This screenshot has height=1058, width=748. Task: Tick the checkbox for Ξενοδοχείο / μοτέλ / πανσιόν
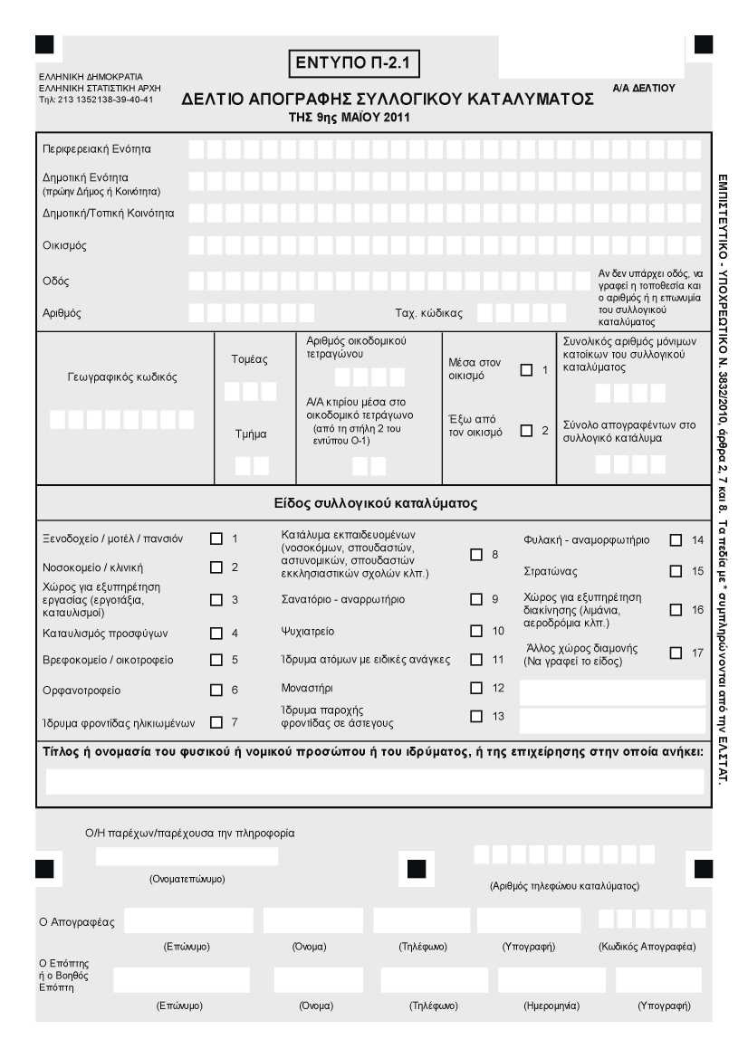[x=216, y=539]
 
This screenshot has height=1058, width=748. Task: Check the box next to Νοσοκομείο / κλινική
[x=216, y=567]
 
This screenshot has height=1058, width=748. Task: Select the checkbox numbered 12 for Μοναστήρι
[x=476, y=688]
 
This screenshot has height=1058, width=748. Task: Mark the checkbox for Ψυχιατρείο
[x=476, y=629]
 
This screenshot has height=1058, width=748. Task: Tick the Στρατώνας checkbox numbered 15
[x=676, y=571]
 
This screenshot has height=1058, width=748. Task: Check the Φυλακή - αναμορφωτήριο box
[x=676, y=540]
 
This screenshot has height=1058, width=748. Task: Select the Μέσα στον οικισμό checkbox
[x=526, y=369]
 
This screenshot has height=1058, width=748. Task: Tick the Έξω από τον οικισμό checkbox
[x=526, y=431]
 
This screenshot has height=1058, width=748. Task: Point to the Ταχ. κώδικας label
[x=429, y=313]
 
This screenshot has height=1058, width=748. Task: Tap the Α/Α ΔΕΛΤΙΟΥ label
[x=644, y=86]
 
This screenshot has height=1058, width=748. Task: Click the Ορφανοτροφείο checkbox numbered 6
[x=216, y=690]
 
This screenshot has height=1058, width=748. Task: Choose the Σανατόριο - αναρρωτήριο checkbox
[x=476, y=599]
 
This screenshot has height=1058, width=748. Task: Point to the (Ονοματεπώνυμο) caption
[x=187, y=879]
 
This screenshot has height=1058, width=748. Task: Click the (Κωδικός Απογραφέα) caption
[x=647, y=947]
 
